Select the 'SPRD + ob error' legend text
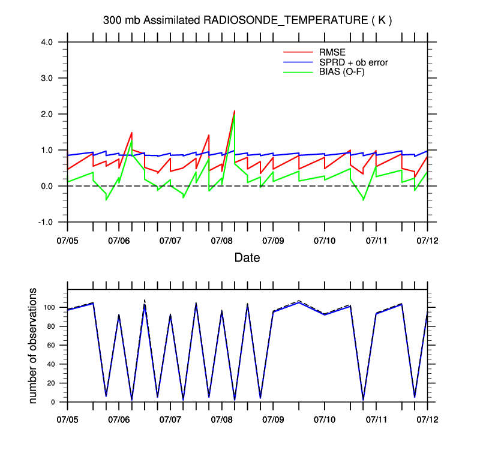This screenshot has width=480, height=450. pos(353,62)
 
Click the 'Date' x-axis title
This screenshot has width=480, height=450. pos(247,258)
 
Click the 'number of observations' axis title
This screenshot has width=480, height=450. pos(34,346)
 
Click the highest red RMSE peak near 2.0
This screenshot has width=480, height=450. pos(234,111)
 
